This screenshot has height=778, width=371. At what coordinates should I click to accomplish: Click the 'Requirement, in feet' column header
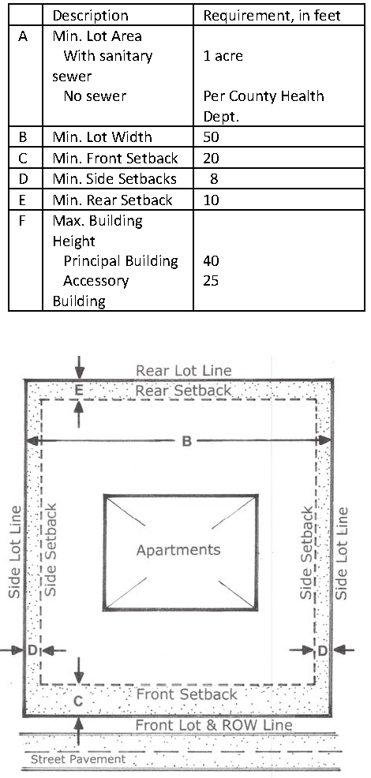[x=272, y=15]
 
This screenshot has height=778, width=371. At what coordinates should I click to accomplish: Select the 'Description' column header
[x=91, y=15]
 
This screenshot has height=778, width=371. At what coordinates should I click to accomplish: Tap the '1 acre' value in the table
[x=223, y=55]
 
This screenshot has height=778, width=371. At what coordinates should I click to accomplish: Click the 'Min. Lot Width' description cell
[x=103, y=137]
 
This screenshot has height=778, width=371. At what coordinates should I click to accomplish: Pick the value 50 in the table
[x=211, y=137]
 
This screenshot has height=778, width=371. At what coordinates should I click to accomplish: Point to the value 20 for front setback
[x=211, y=159]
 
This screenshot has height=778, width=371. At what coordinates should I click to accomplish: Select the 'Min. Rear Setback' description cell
[x=113, y=200]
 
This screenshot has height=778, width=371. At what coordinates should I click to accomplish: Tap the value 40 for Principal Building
[x=211, y=260]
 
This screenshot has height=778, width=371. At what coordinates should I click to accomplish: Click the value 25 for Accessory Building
[x=211, y=281]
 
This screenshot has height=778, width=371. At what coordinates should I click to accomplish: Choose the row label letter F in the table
[x=22, y=220]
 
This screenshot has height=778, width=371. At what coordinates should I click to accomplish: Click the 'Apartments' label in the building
[x=178, y=550]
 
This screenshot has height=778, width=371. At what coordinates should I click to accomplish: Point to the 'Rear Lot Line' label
[x=184, y=371]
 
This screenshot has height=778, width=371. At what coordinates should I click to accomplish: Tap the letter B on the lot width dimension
[x=186, y=441]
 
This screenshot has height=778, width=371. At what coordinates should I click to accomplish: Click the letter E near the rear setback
[x=78, y=391]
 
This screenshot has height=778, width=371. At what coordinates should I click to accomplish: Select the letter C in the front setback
[x=78, y=701]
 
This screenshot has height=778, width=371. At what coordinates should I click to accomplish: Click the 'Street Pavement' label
[x=78, y=760]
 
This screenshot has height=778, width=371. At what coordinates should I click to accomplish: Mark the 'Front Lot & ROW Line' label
[x=214, y=725]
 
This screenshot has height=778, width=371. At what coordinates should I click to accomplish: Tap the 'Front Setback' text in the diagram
[x=187, y=694]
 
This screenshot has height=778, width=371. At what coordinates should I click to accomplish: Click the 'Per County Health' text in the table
[x=263, y=95]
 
